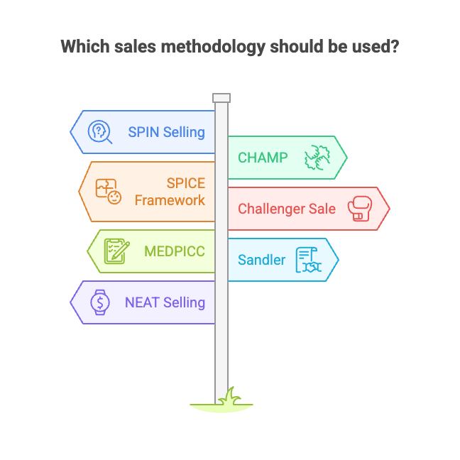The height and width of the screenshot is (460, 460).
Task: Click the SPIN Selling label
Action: click(166, 132)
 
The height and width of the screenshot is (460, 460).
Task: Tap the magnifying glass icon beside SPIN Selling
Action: click(99, 132)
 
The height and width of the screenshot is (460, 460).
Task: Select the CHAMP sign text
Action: click(263, 158)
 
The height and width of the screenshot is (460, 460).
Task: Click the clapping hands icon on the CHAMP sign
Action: click(317, 158)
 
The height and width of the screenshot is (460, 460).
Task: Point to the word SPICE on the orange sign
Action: click(186, 183)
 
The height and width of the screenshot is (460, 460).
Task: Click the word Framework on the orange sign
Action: click(170, 200)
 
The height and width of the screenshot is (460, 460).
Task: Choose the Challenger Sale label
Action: click(287, 209)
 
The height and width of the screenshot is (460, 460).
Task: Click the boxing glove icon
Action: click(361, 209)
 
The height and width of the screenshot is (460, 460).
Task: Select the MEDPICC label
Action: click(175, 251)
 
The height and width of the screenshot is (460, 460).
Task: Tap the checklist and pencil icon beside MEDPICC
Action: click(117, 251)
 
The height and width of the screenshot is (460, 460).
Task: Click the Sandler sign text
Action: click(261, 260)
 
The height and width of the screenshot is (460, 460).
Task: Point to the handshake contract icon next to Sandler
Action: click(308, 260)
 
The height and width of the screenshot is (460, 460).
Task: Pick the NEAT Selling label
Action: click(165, 302)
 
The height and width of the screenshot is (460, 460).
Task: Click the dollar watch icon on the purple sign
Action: click(99, 302)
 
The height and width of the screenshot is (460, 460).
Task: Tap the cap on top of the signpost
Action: click(221, 98)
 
